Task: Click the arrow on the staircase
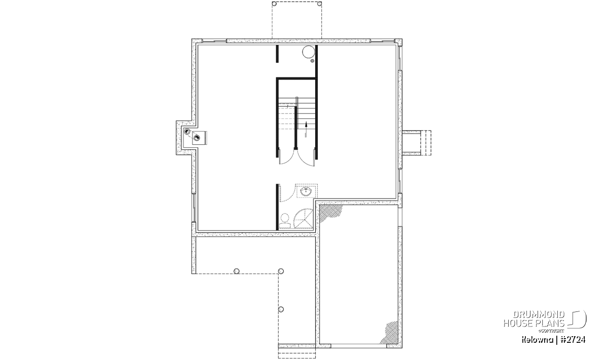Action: point(306,130)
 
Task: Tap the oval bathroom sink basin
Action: point(306,191)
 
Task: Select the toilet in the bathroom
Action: point(285,221)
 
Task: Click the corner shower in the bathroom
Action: point(303,219)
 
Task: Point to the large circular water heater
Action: point(309,52)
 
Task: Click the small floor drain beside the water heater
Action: point(313,61)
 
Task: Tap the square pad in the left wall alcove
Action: point(199,138)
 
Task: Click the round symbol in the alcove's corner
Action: point(187,132)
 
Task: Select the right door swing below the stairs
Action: point(306,158)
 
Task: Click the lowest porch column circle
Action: point(281,309)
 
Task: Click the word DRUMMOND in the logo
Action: point(539,315)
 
